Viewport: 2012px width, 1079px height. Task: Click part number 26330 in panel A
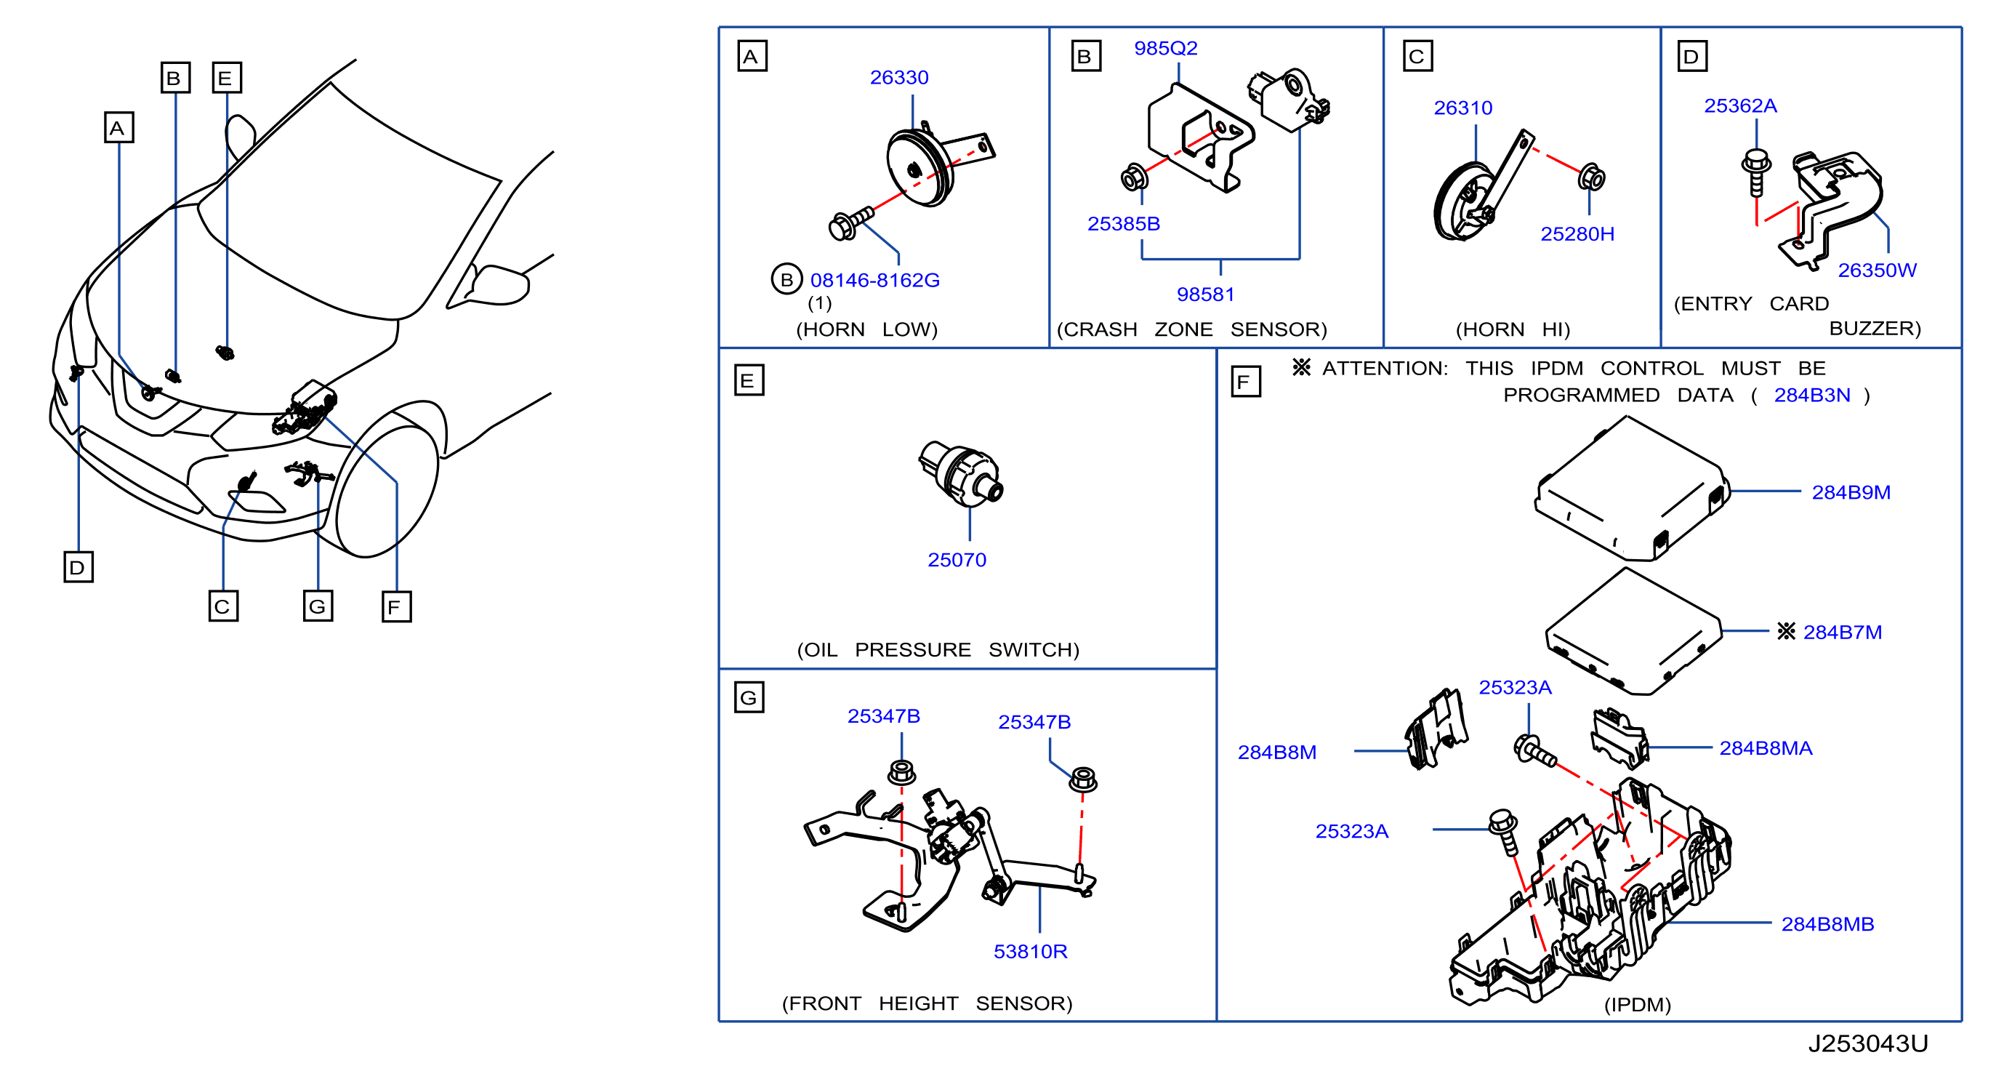point(899,77)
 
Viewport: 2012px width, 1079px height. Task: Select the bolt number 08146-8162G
point(874,280)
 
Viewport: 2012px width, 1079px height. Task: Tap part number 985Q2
point(1165,48)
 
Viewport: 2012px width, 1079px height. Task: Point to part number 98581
point(1205,294)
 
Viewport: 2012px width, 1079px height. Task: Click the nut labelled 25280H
point(1591,177)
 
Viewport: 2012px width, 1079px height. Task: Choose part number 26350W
point(1877,270)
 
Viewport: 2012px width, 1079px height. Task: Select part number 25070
point(957,559)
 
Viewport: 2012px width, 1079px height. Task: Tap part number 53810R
point(1030,951)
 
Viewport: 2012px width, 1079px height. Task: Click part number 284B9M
point(1851,492)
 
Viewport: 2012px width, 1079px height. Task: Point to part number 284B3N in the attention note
point(1812,395)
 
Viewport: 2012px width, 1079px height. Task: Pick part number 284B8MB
point(1827,923)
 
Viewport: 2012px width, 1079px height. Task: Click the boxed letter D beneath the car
point(78,567)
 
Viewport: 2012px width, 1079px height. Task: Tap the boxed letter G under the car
point(318,606)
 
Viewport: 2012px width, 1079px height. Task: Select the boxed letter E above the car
point(227,78)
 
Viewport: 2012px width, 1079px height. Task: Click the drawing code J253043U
point(1867,1043)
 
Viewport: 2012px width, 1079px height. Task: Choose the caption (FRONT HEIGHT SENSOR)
point(927,1003)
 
